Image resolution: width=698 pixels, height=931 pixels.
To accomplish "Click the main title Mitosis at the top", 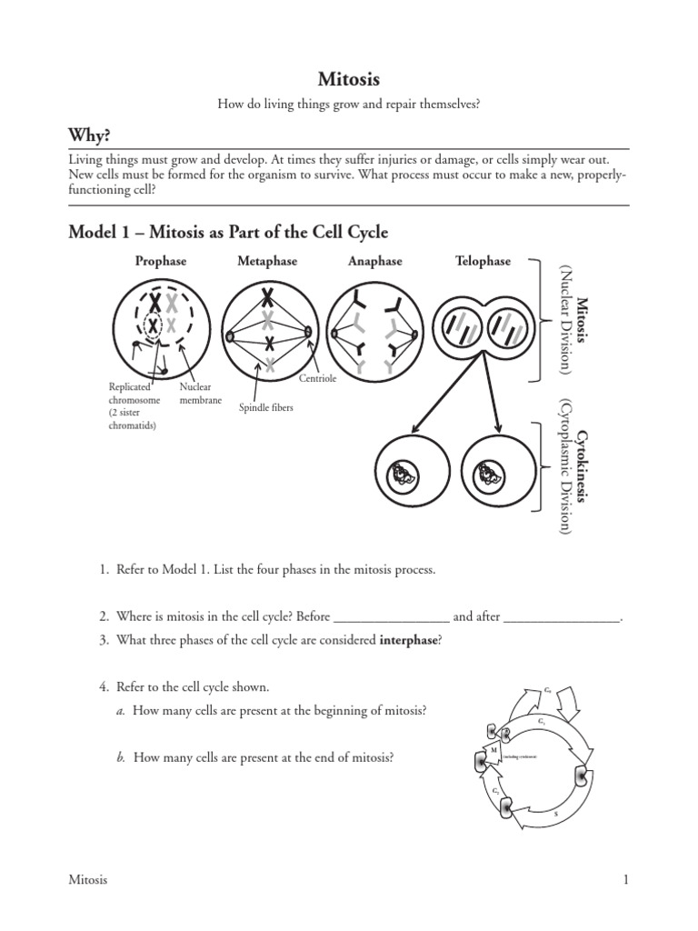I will pyautogui.click(x=348, y=80).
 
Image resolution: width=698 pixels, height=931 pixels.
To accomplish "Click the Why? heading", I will pyautogui.click(x=90, y=135).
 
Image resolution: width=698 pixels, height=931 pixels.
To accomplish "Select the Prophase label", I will pyautogui.click(x=161, y=261).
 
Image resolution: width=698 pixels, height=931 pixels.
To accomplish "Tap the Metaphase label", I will pyautogui.click(x=267, y=261).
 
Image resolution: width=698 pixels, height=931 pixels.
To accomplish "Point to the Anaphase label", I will pyautogui.click(x=374, y=261).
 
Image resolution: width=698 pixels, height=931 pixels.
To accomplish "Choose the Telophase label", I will pyautogui.click(x=483, y=261).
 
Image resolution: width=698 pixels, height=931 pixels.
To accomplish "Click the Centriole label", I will pyautogui.click(x=318, y=378).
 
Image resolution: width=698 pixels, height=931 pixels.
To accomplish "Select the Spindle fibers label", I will pyautogui.click(x=265, y=408).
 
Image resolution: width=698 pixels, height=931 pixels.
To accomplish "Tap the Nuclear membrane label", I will pyautogui.click(x=201, y=394).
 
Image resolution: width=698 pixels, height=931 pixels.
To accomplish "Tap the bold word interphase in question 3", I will pyautogui.click(x=409, y=640).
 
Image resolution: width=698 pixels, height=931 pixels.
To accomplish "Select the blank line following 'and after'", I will pyautogui.click(x=562, y=616).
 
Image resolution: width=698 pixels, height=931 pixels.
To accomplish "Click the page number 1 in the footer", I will pyautogui.click(x=626, y=879).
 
